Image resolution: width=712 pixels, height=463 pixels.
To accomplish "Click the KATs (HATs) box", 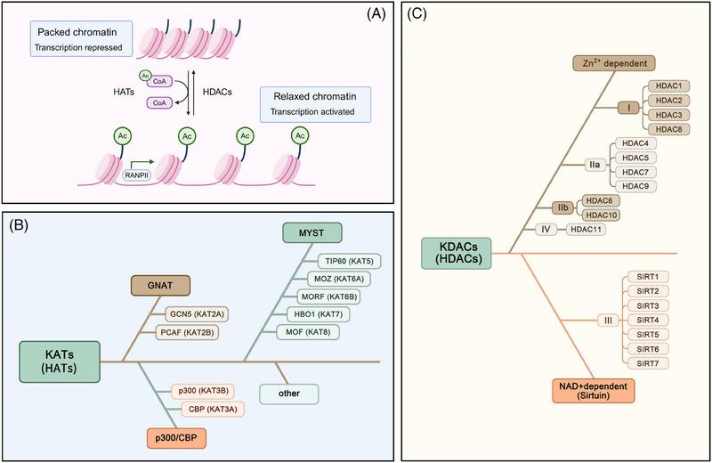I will click(x=60, y=361).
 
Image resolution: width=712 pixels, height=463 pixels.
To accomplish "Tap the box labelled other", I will click(x=288, y=392).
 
